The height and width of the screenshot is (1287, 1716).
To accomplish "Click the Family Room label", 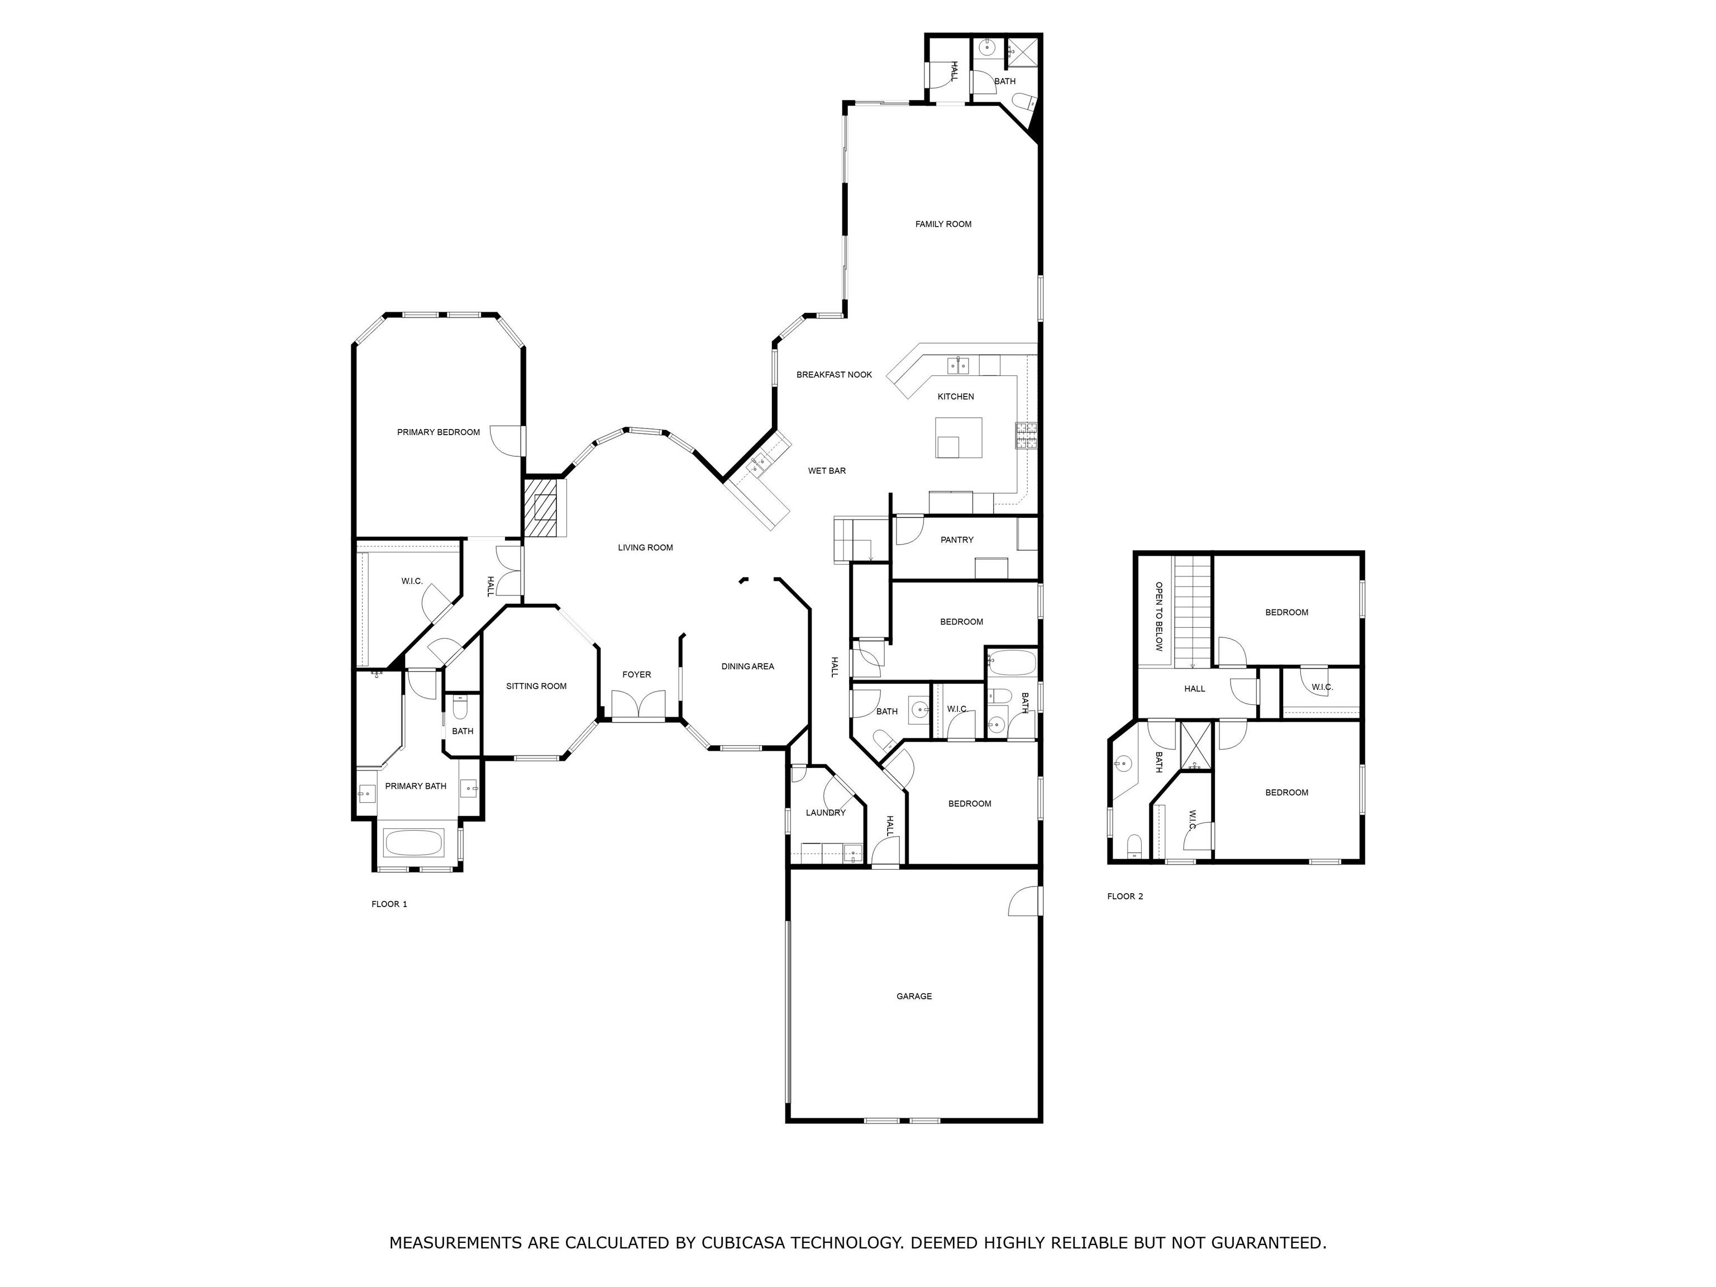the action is click(943, 224).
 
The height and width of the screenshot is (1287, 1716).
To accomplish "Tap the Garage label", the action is click(914, 996).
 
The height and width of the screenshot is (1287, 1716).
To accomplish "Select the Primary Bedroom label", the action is click(438, 432).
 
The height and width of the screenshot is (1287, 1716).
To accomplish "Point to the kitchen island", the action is click(958, 437).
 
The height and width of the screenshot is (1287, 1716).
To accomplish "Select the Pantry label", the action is click(956, 540).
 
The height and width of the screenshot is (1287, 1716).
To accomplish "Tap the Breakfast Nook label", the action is click(834, 375).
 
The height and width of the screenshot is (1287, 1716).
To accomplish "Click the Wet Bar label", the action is click(827, 471).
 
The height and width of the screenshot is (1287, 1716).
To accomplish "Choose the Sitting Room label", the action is click(536, 686).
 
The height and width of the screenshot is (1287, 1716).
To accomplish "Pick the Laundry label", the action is click(826, 812).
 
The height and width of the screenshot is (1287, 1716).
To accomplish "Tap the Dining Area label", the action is click(747, 666).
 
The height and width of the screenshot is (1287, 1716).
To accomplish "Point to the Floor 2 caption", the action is click(1125, 896).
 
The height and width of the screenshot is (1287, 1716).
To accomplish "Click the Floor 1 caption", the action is click(389, 904).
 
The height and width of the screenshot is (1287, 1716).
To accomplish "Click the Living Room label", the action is click(645, 547).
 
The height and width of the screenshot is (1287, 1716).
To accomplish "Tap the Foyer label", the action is click(636, 675).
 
